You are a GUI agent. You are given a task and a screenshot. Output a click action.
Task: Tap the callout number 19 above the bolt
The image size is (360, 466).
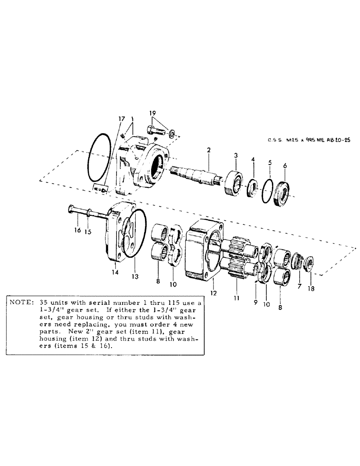[152, 113]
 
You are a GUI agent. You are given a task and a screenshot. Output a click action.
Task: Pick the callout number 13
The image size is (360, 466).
[135, 276]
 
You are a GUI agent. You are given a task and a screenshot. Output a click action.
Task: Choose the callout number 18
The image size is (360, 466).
[312, 288]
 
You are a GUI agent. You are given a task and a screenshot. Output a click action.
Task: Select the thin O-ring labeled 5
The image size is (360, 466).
[268, 191]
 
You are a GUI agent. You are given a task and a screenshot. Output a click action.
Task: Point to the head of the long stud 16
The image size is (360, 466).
[71, 209]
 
